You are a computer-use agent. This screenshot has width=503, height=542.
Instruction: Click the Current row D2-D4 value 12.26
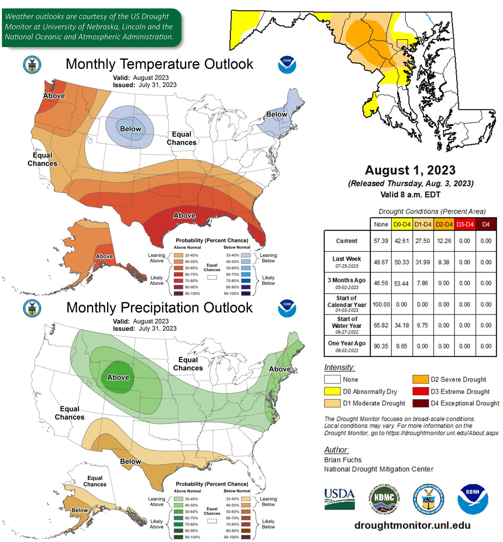(444, 241)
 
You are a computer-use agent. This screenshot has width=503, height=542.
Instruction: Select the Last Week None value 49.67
(381, 262)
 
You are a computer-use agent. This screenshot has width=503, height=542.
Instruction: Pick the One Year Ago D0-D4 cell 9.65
(401, 346)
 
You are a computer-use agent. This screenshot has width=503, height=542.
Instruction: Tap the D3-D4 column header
(465, 224)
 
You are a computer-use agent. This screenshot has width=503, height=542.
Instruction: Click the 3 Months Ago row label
(347, 283)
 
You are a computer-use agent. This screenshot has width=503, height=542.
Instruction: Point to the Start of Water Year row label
(347, 325)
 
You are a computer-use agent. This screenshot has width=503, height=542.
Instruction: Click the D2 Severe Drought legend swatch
(420, 379)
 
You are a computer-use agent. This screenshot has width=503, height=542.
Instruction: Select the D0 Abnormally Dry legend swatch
(332, 391)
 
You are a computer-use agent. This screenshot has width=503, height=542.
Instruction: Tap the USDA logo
(339, 499)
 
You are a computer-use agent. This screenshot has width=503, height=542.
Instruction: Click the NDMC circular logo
(384, 499)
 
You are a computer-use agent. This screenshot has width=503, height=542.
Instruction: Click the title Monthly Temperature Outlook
(159, 64)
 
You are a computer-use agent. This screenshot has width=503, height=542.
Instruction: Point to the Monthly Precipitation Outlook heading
(159, 308)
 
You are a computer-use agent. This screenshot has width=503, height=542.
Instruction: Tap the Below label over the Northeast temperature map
(276, 114)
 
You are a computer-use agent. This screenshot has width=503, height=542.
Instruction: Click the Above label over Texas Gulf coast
(184, 215)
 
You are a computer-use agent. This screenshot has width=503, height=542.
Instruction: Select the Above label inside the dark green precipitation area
(118, 377)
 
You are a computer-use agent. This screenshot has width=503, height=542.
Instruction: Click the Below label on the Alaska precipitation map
(80, 510)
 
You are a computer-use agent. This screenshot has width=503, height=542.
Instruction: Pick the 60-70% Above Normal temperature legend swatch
(178, 274)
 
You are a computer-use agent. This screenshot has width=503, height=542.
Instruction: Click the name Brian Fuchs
(343, 460)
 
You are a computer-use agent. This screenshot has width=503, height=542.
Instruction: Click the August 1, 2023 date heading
(410, 170)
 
